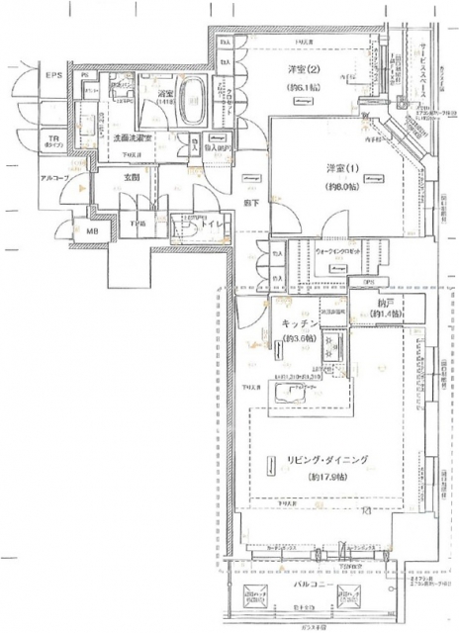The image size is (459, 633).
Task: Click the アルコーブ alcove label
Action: click(53, 179)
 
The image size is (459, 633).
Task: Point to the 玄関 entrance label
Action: click(132, 178)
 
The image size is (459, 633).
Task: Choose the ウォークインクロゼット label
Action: click(340, 252)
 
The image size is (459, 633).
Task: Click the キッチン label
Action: click(299, 322)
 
